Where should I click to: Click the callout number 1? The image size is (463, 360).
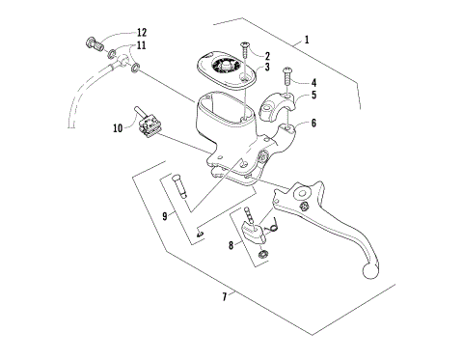coord(307,41)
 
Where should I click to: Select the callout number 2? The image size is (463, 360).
coord(266,57)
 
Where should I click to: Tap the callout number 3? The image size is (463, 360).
coord(266,68)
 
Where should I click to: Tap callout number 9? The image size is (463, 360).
coord(165,216)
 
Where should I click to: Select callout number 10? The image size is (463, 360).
coord(118,127)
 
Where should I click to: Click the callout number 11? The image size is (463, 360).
coord(141,45)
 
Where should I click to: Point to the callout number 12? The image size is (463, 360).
coord(141,33)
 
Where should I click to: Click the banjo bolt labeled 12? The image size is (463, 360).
coord(95,42)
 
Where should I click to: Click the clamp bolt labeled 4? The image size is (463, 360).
coord(286,72)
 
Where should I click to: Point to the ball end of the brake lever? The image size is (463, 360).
coord(368,272)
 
